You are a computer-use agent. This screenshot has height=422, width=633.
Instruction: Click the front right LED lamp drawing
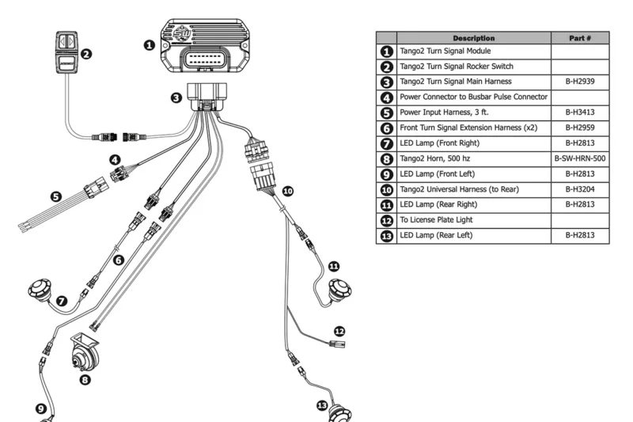point(40,291)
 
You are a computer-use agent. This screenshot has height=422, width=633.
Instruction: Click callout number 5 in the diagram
point(56,197)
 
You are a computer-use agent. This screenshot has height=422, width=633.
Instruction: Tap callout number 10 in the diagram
point(287,191)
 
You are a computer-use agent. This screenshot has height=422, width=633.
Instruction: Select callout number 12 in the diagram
point(339,331)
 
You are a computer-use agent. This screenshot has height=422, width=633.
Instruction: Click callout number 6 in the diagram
point(119,260)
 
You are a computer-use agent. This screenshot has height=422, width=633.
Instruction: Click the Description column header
point(474,38)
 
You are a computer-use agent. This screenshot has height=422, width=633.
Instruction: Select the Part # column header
point(580,38)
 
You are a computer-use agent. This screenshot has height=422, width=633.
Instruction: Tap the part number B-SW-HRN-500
point(580,158)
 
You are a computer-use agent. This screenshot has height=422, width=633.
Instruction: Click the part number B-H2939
point(580,81)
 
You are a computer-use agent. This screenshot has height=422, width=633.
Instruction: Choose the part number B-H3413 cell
point(580,112)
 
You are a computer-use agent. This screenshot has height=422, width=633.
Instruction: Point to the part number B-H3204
point(580,188)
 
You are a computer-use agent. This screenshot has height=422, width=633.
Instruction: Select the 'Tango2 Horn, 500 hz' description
point(438,158)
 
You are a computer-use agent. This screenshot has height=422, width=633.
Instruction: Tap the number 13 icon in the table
point(386,235)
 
